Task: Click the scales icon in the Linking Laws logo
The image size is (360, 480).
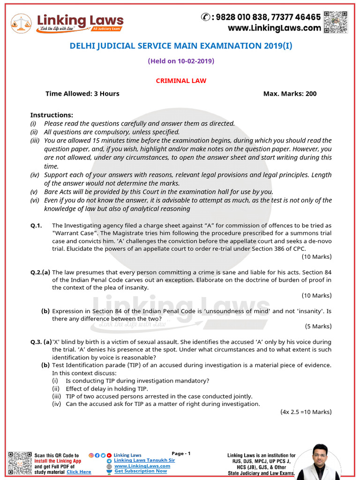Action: (21, 22)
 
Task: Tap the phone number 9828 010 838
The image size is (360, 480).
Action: (241, 17)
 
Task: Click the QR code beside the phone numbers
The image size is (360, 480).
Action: (336, 22)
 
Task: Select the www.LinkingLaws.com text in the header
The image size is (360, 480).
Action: (274, 28)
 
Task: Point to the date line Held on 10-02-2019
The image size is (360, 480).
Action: (181, 61)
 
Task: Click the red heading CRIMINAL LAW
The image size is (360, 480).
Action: (181, 81)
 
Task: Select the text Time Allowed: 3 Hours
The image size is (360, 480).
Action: (82, 94)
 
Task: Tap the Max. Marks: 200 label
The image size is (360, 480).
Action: (290, 94)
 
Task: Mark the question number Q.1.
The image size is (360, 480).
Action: (36, 226)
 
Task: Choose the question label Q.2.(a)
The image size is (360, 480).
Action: (40, 272)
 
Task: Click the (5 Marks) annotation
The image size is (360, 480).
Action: (318, 326)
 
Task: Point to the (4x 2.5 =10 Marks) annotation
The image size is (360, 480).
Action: (306, 412)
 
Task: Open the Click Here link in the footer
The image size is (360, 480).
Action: (79, 472)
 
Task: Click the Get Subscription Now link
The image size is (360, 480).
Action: (141, 471)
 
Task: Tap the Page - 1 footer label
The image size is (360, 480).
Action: (181, 454)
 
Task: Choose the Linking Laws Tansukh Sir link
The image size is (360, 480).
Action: (144, 460)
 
